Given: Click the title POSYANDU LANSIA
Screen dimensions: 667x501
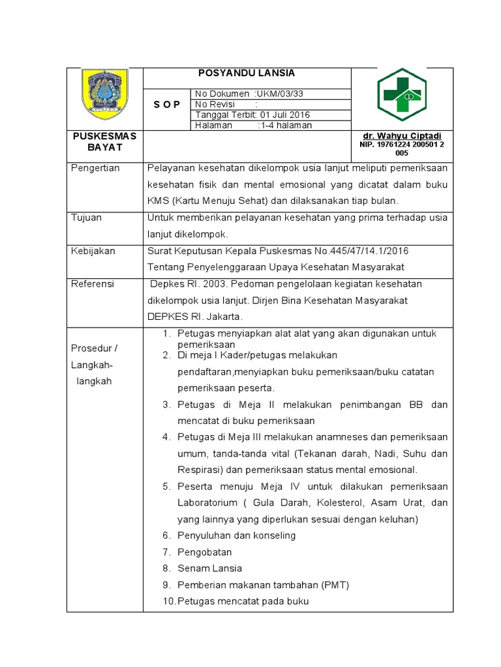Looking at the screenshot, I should click(x=247, y=74).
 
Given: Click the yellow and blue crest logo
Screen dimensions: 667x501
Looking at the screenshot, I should click(x=104, y=97).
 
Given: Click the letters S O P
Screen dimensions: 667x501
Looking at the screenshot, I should click(x=167, y=105).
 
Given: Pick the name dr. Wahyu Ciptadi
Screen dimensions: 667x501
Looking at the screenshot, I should click(x=402, y=135).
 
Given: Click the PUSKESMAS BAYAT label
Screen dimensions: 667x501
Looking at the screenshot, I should click(x=104, y=141).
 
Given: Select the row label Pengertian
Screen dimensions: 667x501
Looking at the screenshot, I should click(x=95, y=168).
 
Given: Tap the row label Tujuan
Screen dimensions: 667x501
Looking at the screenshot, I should click(x=87, y=218).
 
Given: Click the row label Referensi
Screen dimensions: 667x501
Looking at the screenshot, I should click(x=93, y=284).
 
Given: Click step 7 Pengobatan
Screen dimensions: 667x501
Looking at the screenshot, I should click(x=204, y=552).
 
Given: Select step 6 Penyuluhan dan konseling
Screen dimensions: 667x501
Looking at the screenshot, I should click(x=236, y=535).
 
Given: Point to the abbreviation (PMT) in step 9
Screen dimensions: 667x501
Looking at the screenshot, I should click(x=335, y=585).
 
